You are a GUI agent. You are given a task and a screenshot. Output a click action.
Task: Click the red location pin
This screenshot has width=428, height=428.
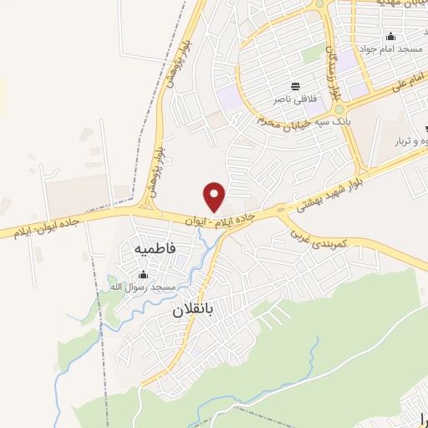point(215,196)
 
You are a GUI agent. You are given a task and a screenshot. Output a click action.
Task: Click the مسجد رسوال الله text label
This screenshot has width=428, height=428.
point(141,288)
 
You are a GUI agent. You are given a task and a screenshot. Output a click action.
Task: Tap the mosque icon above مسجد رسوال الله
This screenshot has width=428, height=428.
point(142,275)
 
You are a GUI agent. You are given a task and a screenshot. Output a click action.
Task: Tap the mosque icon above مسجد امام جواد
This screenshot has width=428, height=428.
point(390,37)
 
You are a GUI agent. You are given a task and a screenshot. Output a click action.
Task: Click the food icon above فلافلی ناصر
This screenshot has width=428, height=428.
point(294,86)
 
